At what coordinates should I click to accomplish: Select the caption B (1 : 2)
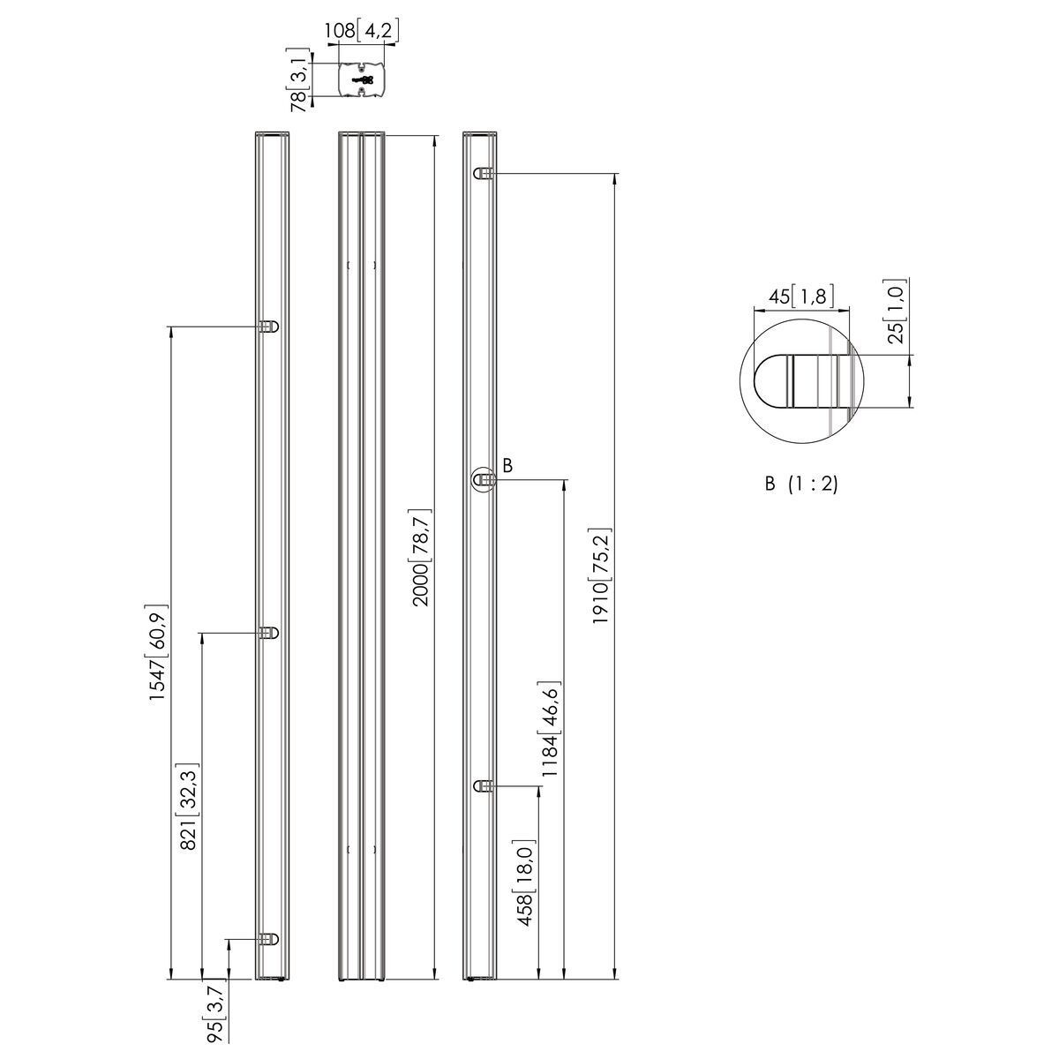800,484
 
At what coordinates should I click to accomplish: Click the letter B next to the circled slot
507,464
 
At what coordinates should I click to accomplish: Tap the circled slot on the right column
483,479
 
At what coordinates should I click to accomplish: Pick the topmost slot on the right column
483,174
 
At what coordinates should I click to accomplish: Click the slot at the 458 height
483,785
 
